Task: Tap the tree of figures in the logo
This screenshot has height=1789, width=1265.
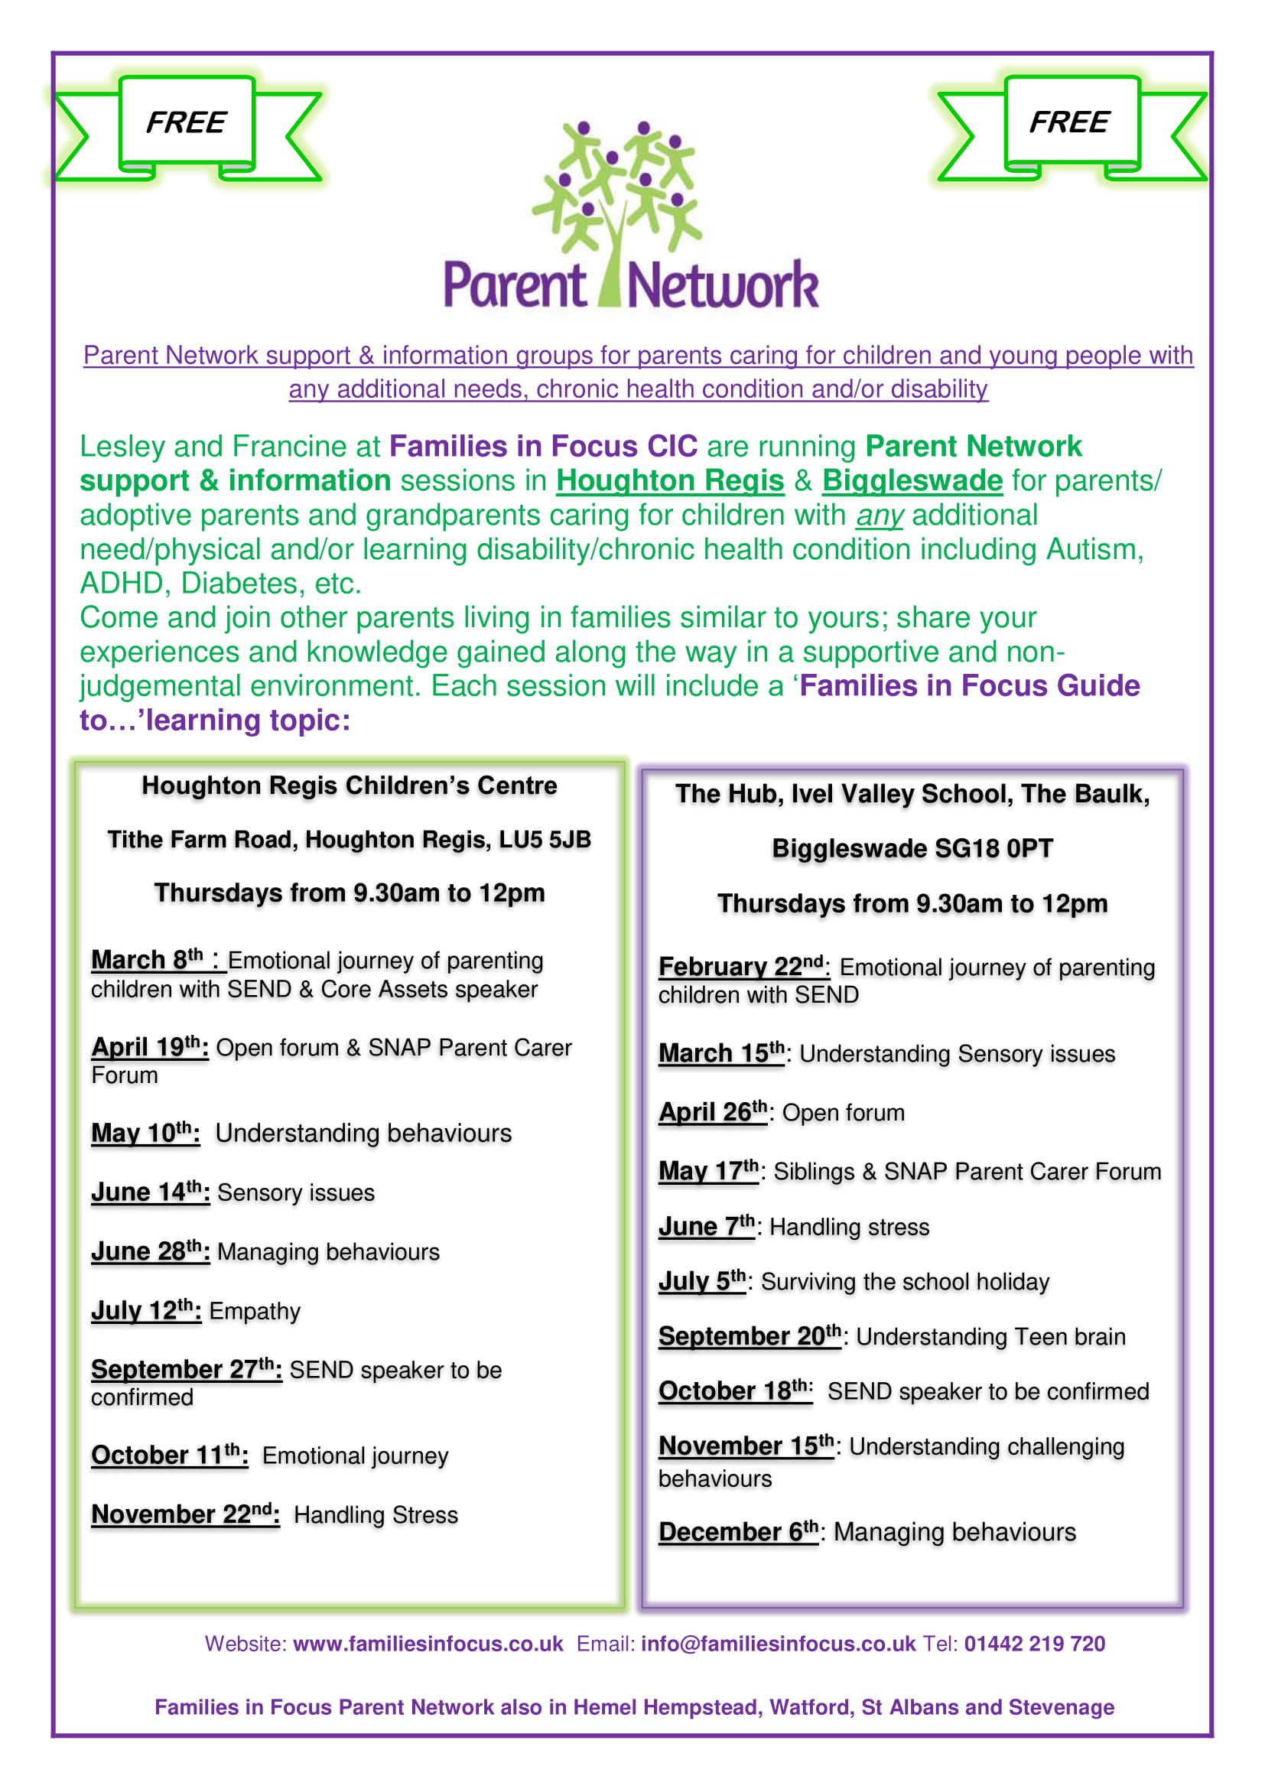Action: [618, 195]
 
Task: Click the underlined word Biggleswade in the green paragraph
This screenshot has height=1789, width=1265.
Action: [912, 481]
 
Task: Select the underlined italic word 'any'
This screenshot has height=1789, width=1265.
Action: [880, 515]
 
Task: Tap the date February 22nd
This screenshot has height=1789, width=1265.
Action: [741, 966]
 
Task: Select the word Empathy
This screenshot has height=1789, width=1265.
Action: [255, 1312]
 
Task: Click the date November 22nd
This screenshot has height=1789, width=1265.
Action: [184, 1514]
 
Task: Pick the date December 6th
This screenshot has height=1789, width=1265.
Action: [737, 1532]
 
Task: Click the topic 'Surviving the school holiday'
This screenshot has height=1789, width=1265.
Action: [905, 1282]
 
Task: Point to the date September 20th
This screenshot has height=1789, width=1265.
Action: [750, 1336]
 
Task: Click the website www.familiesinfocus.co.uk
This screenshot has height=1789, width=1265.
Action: [428, 1644]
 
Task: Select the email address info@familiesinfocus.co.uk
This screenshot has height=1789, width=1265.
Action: [778, 1644]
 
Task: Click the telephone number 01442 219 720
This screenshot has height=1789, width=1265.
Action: [1035, 1644]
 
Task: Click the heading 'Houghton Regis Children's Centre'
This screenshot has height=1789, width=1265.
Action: [350, 786]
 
